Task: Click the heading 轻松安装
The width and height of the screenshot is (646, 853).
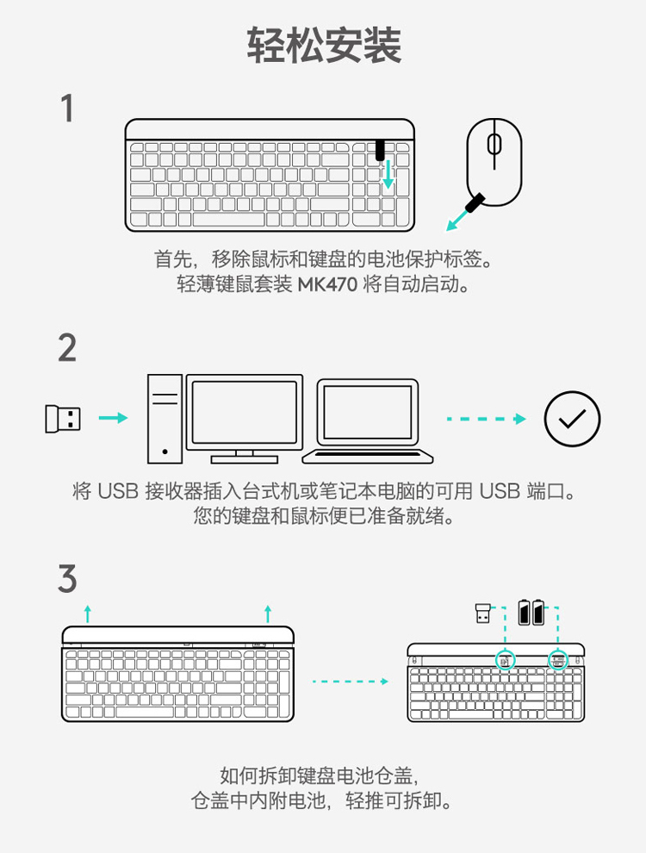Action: tap(324, 45)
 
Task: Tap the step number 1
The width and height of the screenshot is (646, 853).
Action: tap(67, 109)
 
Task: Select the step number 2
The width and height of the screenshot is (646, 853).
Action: tap(67, 348)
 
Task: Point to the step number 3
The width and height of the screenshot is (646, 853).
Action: tap(67, 578)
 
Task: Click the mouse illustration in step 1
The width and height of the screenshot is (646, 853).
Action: tap(494, 162)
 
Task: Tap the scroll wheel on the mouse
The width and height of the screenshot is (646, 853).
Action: tap(494, 144)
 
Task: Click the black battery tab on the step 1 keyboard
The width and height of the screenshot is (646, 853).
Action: tap(380, 150)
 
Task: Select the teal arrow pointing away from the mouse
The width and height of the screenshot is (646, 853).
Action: tap(458, 219)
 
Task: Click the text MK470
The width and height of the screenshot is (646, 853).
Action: tap(327, 284)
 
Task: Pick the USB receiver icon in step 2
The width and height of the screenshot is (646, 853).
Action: tap(63, 419)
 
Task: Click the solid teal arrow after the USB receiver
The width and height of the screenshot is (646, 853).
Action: tap(113, 418)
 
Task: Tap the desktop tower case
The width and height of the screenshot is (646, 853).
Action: tap(165, 419)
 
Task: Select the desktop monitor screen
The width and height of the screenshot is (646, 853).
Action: tap(244, 413)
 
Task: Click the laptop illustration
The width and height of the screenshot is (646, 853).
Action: tap(368, 421)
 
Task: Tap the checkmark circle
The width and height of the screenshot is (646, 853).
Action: tap(572, 419)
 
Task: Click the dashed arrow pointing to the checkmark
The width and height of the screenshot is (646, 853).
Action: tap(487, 419)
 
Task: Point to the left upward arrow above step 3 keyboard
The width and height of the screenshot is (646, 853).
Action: tap(88, 613)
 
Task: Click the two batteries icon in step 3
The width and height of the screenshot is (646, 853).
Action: tap(531, 612)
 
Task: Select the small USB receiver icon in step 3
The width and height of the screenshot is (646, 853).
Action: tap(482, 613)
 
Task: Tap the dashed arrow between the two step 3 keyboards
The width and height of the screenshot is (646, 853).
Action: tap(351, 681)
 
